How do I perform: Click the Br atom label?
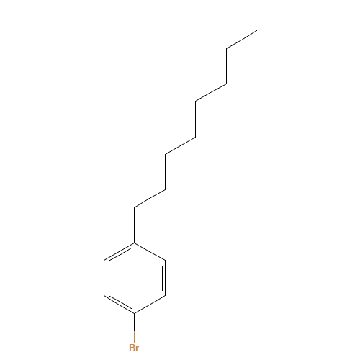coord(134,348)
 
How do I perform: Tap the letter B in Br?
coord(131,348)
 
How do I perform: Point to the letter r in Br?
coord(137,348)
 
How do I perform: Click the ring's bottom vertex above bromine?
coord(135,313)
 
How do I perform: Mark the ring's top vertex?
coord(135,243)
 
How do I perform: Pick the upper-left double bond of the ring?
coord(120,252)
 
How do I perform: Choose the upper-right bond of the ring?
coord(150,251)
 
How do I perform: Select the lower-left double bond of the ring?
coord(120,304)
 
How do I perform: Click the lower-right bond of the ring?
coord(150,305)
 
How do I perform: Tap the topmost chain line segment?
coord(241,40)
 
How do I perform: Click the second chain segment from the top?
coord(211,92)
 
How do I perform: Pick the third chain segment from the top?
coord(180,145)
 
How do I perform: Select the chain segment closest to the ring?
coord(150,197)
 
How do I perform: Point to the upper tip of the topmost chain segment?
coord(256,31)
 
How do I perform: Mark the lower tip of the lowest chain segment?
coord(135,207)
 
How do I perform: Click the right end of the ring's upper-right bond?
coord(165,260)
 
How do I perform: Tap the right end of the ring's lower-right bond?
coord(165,296)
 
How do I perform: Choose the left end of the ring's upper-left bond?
coord(104,260)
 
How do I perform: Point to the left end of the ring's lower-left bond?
coord(104,296)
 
